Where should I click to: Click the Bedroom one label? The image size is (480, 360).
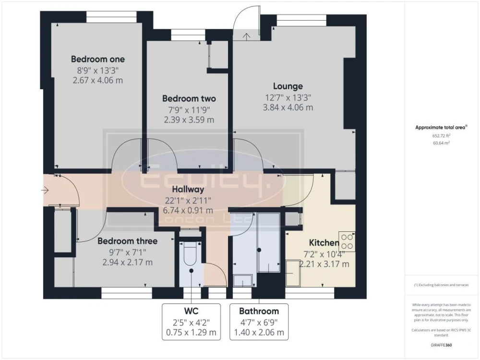pos(97,59)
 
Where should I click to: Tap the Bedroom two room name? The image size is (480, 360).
pos(189,98)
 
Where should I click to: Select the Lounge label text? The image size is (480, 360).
pos(288,86)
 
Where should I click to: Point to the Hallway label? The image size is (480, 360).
pos(188,190)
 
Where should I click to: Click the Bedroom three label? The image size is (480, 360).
pos(127,241)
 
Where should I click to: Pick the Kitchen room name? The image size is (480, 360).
pos(324,243)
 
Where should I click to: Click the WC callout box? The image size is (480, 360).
pos(192,322)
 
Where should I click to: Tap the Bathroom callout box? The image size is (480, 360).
pos(259,322)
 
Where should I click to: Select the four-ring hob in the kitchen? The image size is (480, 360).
pos(347,241)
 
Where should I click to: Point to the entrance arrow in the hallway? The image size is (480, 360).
pos(45,191)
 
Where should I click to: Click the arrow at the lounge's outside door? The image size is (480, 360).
pos(246,36)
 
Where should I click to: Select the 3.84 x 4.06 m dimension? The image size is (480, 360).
pos(288,108)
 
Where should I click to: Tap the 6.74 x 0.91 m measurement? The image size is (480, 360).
pos(188,211)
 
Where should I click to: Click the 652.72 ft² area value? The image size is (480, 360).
pos(441,136)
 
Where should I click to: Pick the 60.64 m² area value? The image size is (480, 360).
pos(441,143)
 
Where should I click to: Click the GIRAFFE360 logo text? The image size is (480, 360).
pos(441,345)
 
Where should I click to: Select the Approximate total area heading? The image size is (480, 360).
pos(441,127)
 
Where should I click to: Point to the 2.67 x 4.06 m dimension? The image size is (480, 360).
pos(97,81)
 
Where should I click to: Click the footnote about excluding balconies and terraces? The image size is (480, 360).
pos(441,285)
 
